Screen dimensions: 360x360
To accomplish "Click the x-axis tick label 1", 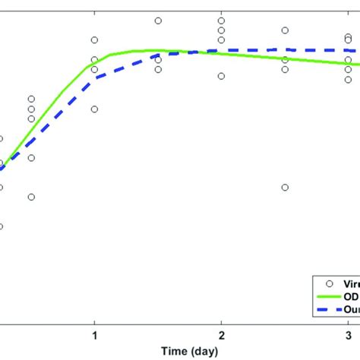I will click(x=94, y=336).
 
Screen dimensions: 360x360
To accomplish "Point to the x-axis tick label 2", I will click(x=221, y=336).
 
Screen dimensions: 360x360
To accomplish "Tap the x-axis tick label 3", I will click(x=348, y=336).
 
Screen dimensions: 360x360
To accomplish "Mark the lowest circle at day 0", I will click(x=1, y=226).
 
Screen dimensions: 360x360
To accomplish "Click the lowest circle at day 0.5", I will click(x=31, y=197).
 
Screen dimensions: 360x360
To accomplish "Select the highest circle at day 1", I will click(x=94, y=39).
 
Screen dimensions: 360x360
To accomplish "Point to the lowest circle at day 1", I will click(x=94, y=109).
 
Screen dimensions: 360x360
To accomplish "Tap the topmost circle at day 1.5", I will click(x=158, y=21).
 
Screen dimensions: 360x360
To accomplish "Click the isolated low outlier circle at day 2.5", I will click(x=285, y=188).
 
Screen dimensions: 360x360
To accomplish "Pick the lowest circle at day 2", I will click(x=221, y=76).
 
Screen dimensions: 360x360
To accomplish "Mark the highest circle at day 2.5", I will click(x=285, y=30).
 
